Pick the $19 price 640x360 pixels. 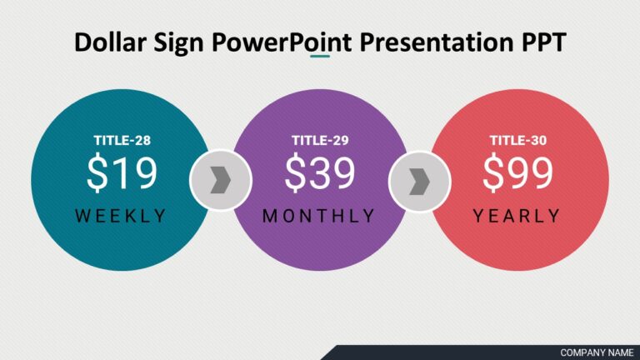(122, 174)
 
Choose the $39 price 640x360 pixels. (319, 174)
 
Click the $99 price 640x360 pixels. (517, 174)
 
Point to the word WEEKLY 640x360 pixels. (122, 216)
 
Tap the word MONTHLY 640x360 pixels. (319, 216)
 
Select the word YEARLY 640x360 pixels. (517, 216)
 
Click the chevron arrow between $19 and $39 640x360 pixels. (220, 180)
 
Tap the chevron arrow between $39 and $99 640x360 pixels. (419, 180)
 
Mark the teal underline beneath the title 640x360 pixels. (320, 57)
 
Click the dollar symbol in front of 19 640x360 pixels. (97, 174)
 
